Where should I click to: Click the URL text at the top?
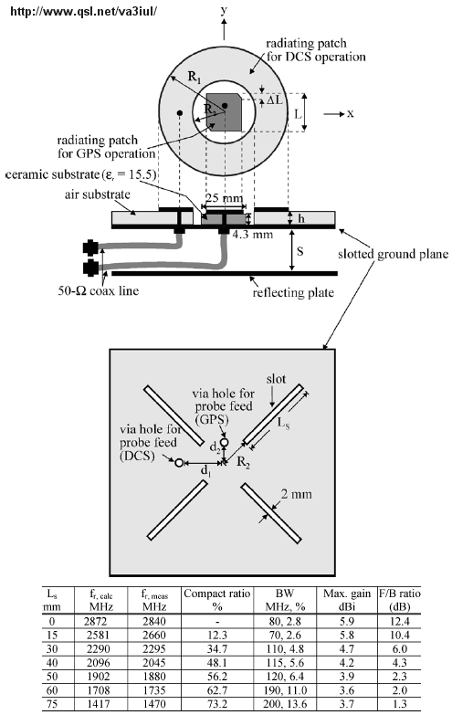tap(83, 11)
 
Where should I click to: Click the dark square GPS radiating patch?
tap(224, 111)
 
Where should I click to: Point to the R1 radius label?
tap(194, 78)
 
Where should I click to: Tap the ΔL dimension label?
tap(275, 99)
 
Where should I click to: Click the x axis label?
tap(351, 113)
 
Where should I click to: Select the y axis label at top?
tap(224, 10)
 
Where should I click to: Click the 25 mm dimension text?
tap(224, 198)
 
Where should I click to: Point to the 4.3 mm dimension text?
tap(253, 235)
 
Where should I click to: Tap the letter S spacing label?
tap(300, 251)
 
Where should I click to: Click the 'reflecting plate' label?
tap(293, 292)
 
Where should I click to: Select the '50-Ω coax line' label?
tap(98, 290)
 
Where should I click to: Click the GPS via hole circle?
tap(224, 442)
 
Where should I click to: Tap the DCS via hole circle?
tap(179, 463)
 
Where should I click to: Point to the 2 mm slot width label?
tap(297, 494)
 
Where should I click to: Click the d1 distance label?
tap(206, 470)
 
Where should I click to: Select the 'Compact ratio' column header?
tap(217, 594)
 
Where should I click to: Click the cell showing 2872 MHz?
tap(95, 621)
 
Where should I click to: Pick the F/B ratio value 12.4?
tap(399, 621)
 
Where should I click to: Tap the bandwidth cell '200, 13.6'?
tap(285, 704)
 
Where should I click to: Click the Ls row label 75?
tap(52, 704)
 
